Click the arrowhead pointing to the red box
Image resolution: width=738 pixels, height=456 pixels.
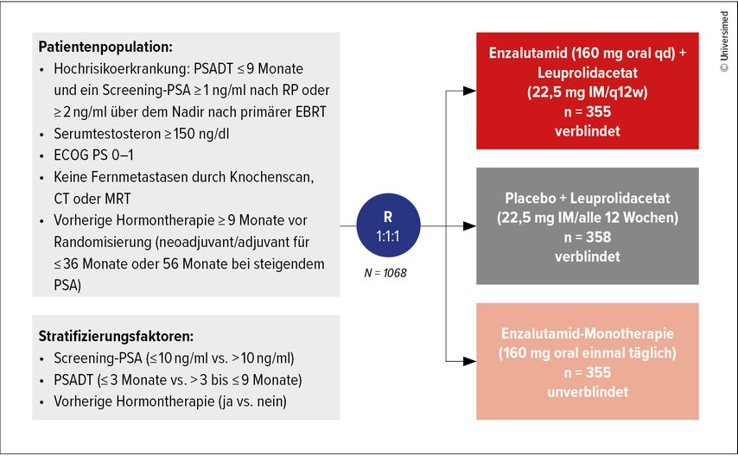click(x=469, y=90)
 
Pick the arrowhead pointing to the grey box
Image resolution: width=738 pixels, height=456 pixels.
click(x=469, y=228)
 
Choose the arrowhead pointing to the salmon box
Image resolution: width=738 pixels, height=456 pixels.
click(x=469, y=359)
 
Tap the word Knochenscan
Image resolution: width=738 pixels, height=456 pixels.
click(x=270, y=177)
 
